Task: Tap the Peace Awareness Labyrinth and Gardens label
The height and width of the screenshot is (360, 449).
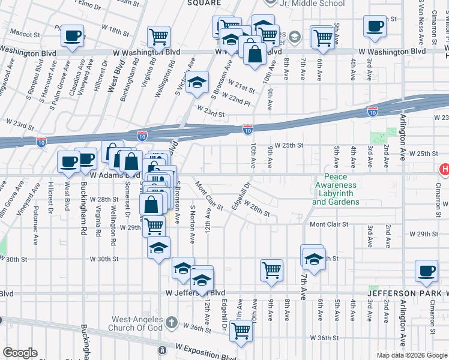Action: click(x=336, y=189)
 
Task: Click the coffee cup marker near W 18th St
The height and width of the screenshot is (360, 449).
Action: click(x=72, y=35)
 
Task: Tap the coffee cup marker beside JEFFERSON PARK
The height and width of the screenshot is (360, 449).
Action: click(x=427, y=271)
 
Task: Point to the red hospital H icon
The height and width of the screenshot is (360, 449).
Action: click(x=444, y=170)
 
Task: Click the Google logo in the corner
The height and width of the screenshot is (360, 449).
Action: click(x=20, y=353)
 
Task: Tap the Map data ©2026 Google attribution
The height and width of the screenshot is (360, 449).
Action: click(x=412, y=355)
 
